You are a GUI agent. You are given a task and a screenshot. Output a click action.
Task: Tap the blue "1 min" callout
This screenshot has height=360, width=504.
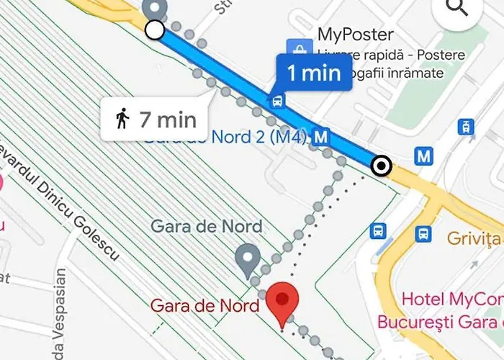click(x=314, y=73)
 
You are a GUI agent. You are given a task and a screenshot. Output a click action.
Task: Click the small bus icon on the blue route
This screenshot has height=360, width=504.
click(x=276, y=101)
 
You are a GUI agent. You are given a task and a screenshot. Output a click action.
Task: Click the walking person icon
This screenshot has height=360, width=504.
click(x=122, y=118)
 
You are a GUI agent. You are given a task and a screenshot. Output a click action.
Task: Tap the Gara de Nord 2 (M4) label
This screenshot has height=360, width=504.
click(x=225, y=137)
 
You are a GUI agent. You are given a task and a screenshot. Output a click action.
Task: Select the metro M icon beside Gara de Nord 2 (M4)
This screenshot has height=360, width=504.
click(x=322, y=136)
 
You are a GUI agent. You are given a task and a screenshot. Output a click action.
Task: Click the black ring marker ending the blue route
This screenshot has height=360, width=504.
click(x=382, y=167)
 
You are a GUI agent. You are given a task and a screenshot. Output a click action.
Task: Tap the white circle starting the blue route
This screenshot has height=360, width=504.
click(x=154, y=30)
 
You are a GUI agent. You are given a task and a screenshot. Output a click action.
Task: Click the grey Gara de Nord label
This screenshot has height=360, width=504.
click(x=206, y=226)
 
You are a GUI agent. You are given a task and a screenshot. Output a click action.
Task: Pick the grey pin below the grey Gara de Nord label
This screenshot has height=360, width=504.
click(x=248, y=260)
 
